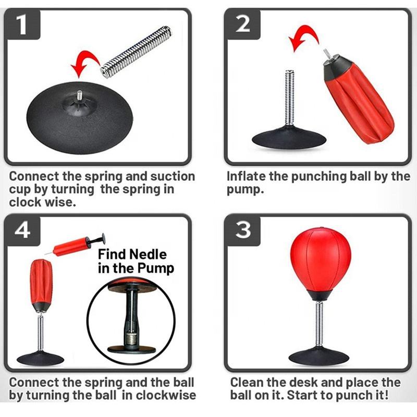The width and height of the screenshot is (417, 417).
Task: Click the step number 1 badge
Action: pyautogui.click(x=22, y=24)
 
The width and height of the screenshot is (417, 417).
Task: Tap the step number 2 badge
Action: pyautogui.click(x=242, y=24)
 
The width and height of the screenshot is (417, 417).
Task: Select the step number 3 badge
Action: pyautogui.click(x=242, y=230)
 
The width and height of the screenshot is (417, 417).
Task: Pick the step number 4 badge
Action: pyautogui.click(x=22, y=230)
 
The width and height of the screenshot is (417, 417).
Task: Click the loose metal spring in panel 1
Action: pyautogui.click(x=136, y=52)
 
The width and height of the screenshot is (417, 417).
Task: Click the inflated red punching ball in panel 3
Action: pyautogui.click(x=320, y=262)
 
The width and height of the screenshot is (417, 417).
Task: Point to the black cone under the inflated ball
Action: pyautogui.click(x=320, y=294)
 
